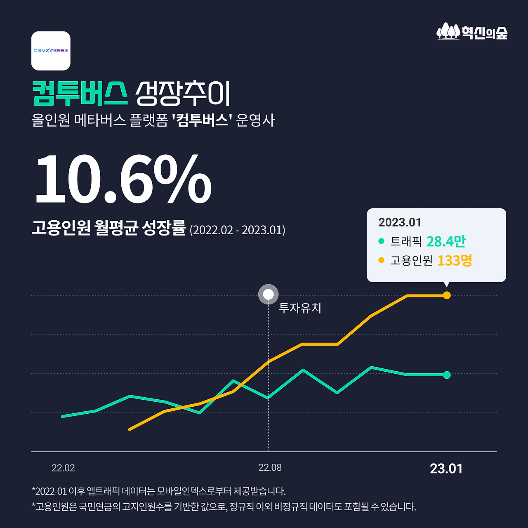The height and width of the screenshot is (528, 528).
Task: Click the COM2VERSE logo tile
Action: coord(51,51)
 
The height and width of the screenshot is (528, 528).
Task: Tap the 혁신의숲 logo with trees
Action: coord(472,32)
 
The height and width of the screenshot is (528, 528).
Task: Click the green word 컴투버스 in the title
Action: coord(80,93)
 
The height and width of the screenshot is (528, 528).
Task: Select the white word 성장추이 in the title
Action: coord(183,93)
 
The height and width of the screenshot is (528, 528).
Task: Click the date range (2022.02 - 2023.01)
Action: coord(237,230)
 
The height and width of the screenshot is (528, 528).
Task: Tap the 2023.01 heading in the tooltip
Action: coord(400,222)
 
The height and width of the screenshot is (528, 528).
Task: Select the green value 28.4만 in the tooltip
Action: coord(445,241)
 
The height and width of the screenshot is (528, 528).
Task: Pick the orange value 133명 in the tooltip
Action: coord(455,260)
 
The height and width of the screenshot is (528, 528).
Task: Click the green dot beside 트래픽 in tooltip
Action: coord(381,241)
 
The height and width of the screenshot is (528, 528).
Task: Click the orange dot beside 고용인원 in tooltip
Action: coord(381,260)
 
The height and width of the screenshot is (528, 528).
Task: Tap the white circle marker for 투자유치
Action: coord(268,295)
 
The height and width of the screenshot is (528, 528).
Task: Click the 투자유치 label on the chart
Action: coord(300,308)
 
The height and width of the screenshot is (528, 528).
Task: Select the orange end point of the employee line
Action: coord(447,295)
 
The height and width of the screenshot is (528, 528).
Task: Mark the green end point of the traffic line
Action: coord(447,375)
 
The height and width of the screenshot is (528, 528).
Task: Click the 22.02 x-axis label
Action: coord(63,468)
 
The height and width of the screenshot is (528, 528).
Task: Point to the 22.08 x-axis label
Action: coord(270,467)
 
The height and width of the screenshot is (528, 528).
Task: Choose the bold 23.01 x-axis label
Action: coord(446,469)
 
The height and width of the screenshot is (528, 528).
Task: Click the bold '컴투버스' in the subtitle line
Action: coord(202,120)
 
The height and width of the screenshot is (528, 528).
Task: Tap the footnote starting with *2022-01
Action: coord(158,491)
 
